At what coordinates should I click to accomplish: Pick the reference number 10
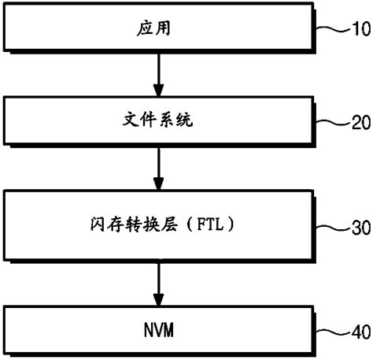(x=359, y=31)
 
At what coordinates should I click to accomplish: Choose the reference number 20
(x=359, y=123)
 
